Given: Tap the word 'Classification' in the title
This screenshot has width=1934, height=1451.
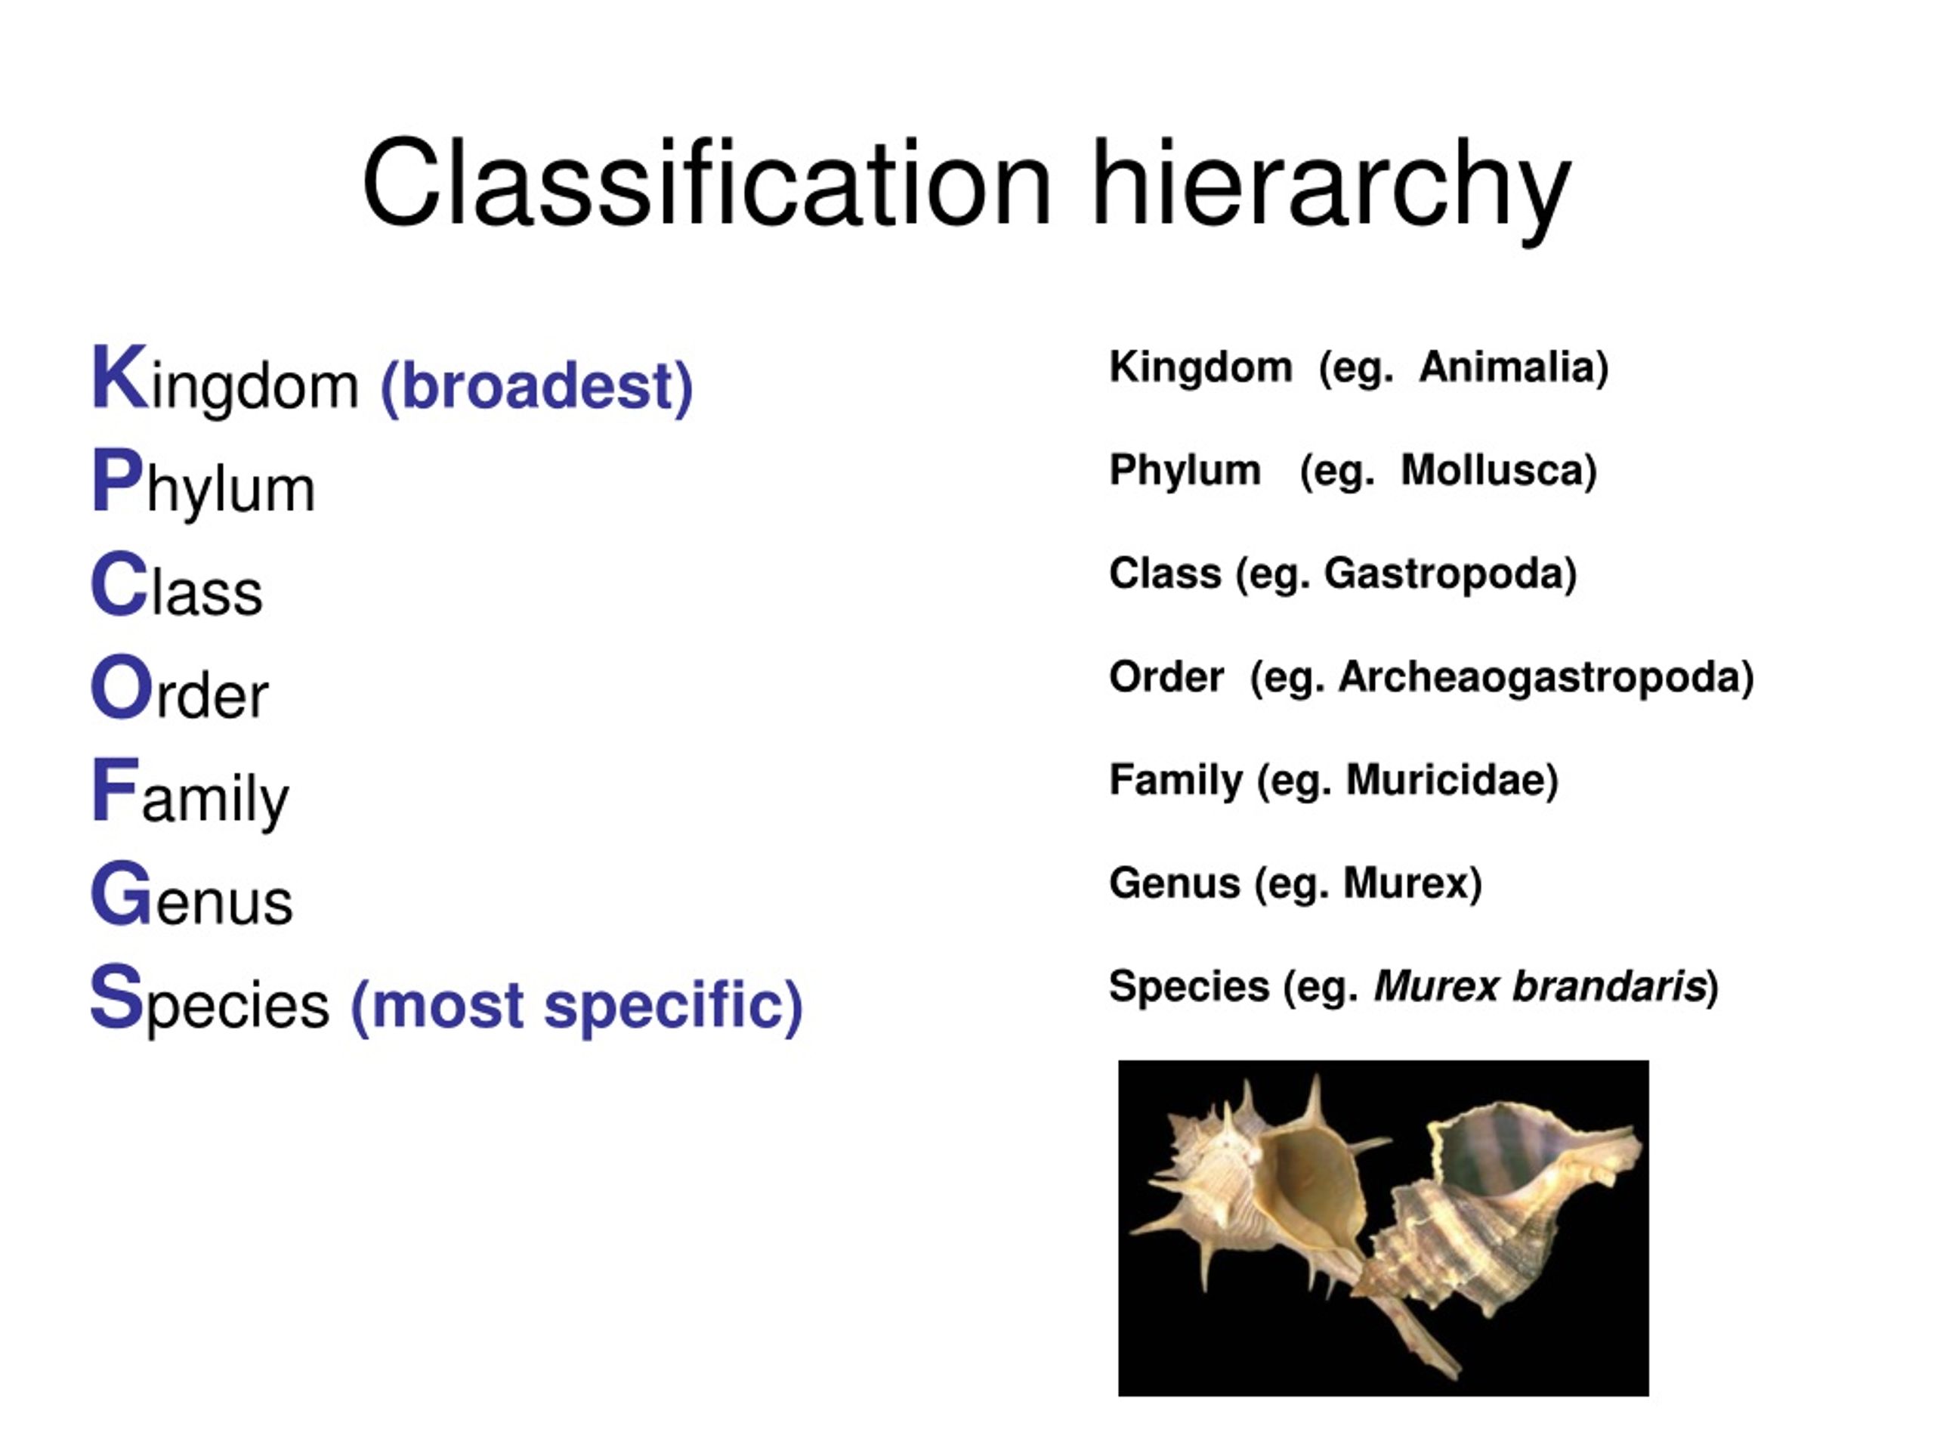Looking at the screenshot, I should click(x=706, y=185).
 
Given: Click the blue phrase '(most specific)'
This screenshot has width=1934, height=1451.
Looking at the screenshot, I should click(x=576, y=1005).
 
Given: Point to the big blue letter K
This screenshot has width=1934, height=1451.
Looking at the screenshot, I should click(x=119, y=378).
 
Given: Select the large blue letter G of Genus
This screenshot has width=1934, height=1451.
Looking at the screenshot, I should click(x=122, y=893).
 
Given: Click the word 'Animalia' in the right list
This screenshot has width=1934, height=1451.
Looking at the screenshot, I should click(x=1512, y=367).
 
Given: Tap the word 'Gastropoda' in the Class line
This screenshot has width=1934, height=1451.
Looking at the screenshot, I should click(x=1450, y=574).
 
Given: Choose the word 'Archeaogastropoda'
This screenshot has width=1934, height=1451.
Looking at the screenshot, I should click(x=1545, y=677).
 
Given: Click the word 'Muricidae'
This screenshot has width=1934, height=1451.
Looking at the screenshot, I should click(x=1451, y=779).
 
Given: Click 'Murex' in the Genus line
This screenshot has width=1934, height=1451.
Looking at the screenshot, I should click(x=1411, y=883).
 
